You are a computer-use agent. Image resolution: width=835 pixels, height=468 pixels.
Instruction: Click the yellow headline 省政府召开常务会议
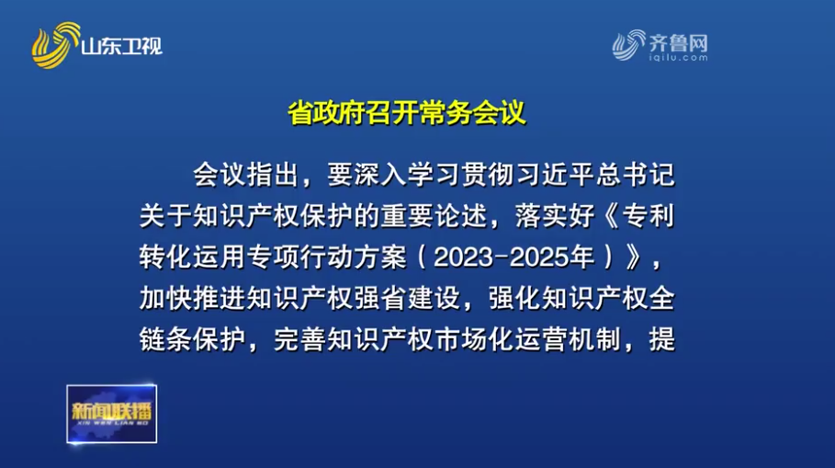(x=407, y=112)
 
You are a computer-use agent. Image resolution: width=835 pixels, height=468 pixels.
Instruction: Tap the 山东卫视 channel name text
(x=122, y=46)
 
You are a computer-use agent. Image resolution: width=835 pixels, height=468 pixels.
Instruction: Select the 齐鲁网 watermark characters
(x=678, y=42)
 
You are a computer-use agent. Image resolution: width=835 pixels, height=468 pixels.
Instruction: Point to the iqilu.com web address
(x=678, y=57)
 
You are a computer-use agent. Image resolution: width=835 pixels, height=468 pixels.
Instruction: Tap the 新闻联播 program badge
(x=112, y=414)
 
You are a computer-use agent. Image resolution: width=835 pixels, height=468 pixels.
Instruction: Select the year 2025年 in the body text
(x=552, y=257)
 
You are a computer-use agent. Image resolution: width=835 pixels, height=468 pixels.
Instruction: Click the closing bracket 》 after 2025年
(x=634, y=257)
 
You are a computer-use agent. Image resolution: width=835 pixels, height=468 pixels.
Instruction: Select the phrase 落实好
(x=556, y=216)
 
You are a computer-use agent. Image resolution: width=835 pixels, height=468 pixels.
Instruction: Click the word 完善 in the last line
(x=300, y=339)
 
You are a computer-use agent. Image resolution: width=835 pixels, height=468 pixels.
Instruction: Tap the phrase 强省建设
(x=407, y=299)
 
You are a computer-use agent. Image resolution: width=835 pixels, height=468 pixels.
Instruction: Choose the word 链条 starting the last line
(x=166, y=339)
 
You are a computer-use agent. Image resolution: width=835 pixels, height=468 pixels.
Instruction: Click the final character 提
(x=662, y=339)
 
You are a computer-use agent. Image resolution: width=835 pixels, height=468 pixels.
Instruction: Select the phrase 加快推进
(x=193, y=299)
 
